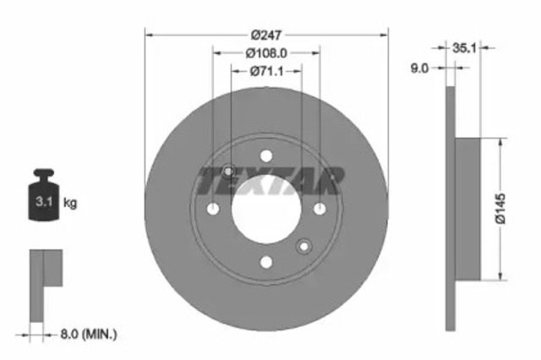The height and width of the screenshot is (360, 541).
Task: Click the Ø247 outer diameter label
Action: point(266,35)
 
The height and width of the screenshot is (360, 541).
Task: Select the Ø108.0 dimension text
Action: point(266,53)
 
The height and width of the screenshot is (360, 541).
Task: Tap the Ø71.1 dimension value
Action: point(266,72)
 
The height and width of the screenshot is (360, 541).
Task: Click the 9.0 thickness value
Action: point(419,68)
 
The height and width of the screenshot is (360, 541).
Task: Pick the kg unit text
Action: point(71,203)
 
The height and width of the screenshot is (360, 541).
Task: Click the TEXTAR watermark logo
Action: point(270,180)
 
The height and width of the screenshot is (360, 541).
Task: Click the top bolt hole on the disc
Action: point(266,155)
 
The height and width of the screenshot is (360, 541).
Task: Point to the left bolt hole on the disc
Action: point(213,210)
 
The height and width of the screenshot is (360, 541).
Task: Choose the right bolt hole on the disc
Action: point(320,210)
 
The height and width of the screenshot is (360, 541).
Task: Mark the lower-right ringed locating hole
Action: point(305,247)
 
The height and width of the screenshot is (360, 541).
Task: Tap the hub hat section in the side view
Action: point(467,209)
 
